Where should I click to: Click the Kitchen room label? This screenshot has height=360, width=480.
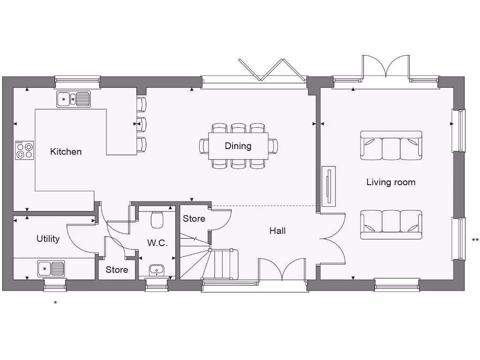pos(66,151)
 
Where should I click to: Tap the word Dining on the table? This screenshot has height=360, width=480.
pos(238,146)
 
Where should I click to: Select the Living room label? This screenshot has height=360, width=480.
pos(391,182)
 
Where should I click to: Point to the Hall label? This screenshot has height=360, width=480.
pos(277,231)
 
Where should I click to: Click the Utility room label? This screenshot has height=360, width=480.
pos(48,239)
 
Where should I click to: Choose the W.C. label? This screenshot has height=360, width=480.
pos(157,243)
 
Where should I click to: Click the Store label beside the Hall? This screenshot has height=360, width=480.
pos(194,218)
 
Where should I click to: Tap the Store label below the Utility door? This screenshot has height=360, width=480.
pos(117,270)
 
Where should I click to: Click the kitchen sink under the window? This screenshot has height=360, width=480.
pos(74,99)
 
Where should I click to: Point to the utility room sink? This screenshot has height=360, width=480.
pos(51,269)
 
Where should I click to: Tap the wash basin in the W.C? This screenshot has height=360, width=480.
pos(157,270)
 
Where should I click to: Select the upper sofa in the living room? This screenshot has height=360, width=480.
pos(391,145)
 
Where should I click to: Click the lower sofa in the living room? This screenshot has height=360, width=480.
pos(391,225)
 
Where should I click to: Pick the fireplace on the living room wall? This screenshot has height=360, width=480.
pos(329,186)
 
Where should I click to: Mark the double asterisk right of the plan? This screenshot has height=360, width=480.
pos(475,240)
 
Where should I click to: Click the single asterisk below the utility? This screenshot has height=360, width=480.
pos(55,303)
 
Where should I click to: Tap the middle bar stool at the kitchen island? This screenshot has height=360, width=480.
pos(141,124)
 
